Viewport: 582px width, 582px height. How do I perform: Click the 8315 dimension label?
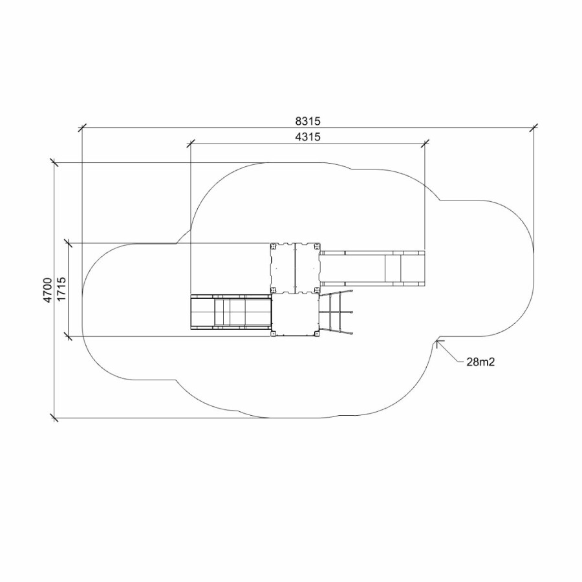tap(308, 121)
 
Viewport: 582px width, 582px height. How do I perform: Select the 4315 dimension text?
tap(308, 137)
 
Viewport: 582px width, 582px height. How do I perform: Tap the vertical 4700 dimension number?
tap(47, 290)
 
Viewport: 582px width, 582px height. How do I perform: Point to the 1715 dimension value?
tap(61, 289)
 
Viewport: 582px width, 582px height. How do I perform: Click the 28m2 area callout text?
tap(480, 362)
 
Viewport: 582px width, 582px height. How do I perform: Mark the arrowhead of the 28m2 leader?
tap(438, 342)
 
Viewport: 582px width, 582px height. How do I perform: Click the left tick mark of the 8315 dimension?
tap(81, 127)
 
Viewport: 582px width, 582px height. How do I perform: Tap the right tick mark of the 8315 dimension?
tap(533, 127)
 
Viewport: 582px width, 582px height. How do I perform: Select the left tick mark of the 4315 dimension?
tap(190, 144)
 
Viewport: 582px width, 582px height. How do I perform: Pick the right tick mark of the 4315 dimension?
tap(425, 144)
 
